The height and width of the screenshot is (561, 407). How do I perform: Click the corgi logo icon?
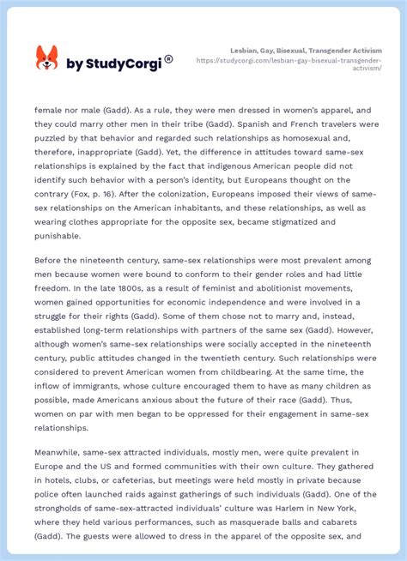pyautogui.click(x=46, y=57)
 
